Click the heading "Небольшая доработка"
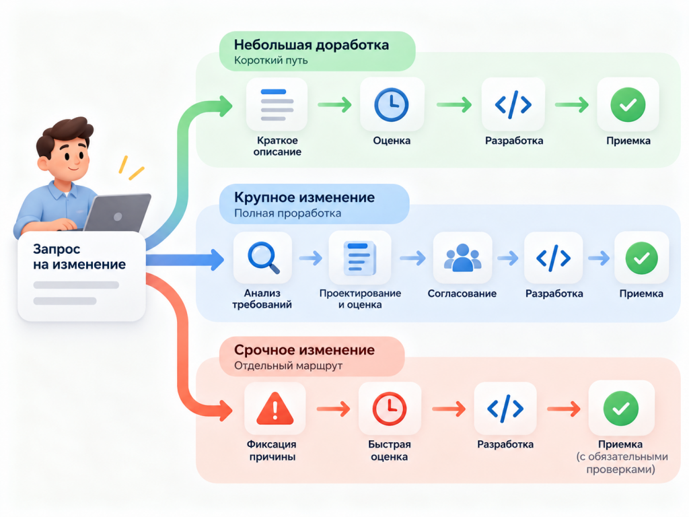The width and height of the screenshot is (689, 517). point(311,45)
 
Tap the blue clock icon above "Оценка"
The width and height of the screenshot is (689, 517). point(391,104)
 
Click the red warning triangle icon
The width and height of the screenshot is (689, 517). point(275,409)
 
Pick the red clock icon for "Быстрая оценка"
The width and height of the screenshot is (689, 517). point(390,409)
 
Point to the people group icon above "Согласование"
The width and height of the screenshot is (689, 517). point(462,258)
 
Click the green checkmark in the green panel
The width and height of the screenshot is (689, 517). point(628,104)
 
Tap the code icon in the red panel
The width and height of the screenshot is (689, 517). point(505,409)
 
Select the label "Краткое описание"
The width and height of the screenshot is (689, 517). point(277,146)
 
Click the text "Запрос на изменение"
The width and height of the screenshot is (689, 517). point(79,256)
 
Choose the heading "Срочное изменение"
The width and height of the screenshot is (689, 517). point(304,350)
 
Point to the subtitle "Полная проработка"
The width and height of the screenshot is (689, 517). point(287,213)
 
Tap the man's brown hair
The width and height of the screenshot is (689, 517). point(66,134)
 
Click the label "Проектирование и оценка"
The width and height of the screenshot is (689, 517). point(360,299)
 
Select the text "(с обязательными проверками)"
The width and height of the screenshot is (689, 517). point(621,463)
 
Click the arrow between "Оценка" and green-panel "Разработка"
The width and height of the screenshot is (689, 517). point(454,104)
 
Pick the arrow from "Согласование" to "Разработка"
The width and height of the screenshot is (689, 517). point(507,258)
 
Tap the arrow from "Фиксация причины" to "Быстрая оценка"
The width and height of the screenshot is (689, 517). point(334,409)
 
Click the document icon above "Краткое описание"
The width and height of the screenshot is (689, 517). point(277,104)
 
